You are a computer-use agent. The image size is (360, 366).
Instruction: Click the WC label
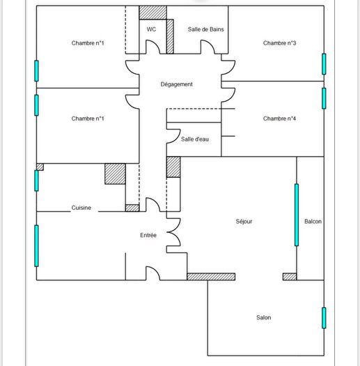151,29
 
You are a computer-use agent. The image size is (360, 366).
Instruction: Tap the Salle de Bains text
205,29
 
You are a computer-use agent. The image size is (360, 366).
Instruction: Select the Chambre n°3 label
280,43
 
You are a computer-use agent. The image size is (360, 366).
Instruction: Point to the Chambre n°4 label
280,119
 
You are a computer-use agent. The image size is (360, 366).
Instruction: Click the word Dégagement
176,84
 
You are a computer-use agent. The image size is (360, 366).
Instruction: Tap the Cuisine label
81,208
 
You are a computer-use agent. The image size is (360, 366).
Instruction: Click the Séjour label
244,222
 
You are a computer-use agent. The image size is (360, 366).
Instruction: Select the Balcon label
313,222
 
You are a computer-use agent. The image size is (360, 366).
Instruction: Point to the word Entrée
148,236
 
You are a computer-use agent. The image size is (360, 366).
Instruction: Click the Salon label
263,318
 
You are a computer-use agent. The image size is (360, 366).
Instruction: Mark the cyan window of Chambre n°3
324,63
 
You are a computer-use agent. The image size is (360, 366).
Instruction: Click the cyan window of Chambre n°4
324,98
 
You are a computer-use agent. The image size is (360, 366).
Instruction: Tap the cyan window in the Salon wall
324,318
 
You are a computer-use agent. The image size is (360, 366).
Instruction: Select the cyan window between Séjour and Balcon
296,215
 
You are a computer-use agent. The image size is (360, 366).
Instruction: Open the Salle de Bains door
208,47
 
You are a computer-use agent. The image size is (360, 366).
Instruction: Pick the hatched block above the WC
153,13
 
